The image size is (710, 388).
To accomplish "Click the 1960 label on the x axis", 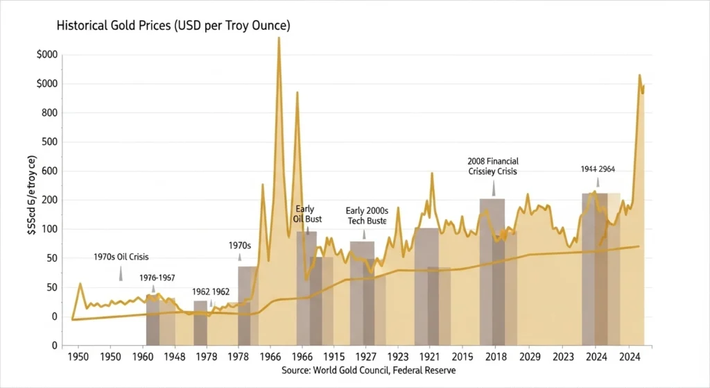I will point(144,358).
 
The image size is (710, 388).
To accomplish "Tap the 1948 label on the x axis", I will point(176,358).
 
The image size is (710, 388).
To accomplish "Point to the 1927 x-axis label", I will point(365,358).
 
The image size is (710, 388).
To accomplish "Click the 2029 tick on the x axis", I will point(530,358).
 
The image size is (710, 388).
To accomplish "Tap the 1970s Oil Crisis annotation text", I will point(121,257).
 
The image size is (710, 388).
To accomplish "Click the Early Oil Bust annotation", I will point(304,214).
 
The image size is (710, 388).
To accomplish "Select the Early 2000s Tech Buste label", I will point(367,215).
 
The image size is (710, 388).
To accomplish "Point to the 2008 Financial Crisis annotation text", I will point(493,166).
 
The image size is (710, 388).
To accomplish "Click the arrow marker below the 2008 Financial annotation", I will point(494,188).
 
